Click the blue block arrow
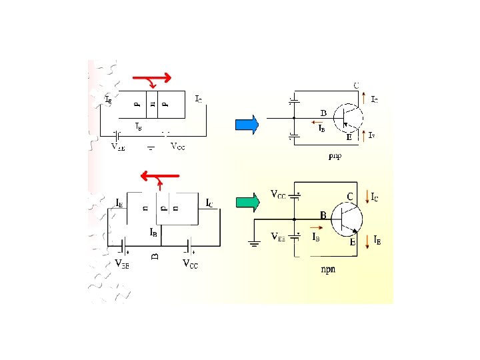coord(246,125)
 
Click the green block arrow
coord(248,202)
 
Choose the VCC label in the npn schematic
coord(278,195)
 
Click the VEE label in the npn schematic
coord(279,237)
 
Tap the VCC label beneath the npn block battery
coord(191,263)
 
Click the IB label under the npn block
coord(154,233)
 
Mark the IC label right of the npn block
coord(209,203)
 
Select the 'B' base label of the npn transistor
coord(323,216)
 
